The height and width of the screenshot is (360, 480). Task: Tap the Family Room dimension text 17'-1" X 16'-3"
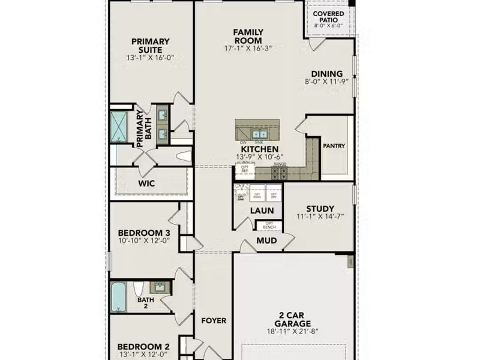(248, 48)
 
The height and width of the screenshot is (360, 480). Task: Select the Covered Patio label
(328, 17)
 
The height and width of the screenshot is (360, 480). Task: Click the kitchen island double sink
(260, 133)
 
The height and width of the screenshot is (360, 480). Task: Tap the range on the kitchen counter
(280, 173)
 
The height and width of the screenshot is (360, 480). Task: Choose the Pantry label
(334, 146)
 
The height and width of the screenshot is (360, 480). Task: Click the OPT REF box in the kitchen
(244, 170)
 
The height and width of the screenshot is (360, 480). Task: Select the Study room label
(320, 209)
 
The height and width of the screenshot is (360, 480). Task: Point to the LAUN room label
(262, 211)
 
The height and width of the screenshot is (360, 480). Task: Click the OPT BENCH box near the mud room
(269, 226)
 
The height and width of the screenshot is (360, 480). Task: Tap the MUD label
(266, 241)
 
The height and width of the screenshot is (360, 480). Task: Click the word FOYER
(213, 320)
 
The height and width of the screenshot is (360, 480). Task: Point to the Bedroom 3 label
(143, 233)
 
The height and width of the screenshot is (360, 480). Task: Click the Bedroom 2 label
(143, 346)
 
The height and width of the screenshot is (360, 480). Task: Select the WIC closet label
(147, 183)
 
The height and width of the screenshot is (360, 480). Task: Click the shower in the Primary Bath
(119, 125)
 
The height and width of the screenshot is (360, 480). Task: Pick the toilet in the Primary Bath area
(184, 157)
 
